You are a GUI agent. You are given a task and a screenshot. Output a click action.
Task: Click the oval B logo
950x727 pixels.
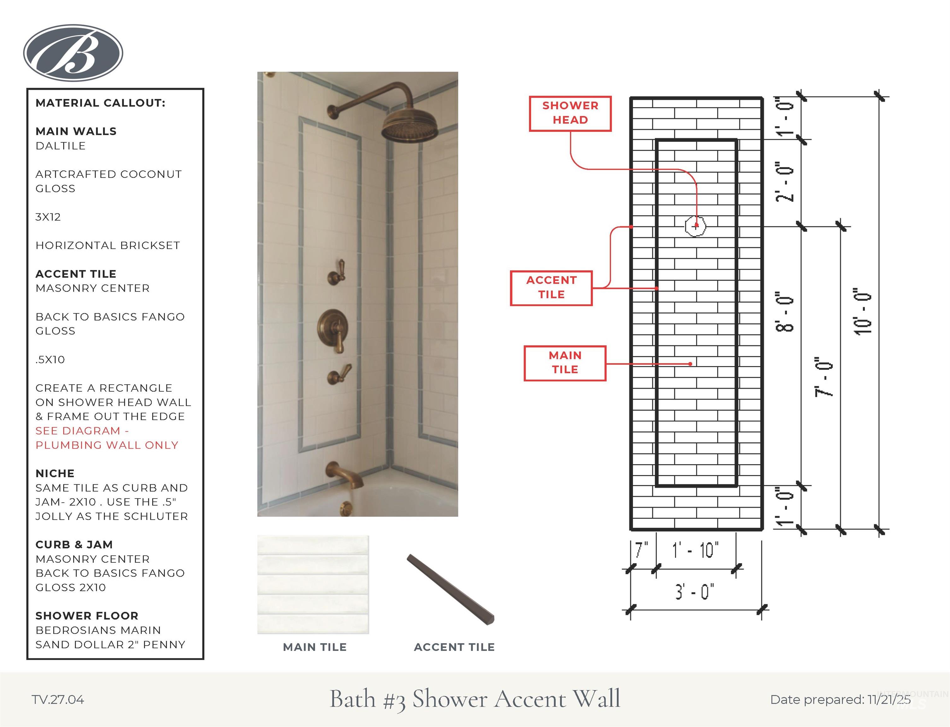(x=73, y=53)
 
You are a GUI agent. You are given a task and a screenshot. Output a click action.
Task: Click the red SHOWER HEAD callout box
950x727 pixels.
(x=570, y=113)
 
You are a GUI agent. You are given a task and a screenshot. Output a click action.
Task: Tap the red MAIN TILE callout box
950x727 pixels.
(x=565, y=363)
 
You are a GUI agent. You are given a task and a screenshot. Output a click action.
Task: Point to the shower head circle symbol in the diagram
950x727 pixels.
(x=696, y=226)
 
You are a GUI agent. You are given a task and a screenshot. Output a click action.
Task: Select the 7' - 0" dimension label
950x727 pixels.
(x=824, y=377)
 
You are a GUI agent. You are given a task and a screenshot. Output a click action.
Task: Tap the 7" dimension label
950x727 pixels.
(x=642, y=550)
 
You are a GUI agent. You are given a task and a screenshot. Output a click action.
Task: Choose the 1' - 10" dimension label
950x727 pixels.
(x=695, y=550)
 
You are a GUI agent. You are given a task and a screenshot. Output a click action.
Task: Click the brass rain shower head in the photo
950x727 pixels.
(x=410, y=126)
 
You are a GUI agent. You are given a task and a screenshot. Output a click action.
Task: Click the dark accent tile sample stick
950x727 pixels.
(x=450, y=589)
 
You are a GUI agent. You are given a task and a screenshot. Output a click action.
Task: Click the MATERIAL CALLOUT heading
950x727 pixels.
(x=100, y=103)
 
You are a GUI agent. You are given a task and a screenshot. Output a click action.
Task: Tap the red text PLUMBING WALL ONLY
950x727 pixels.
(x=107, y=445)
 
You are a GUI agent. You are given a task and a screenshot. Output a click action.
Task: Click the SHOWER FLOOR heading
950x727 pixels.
(x=87, y=616)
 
